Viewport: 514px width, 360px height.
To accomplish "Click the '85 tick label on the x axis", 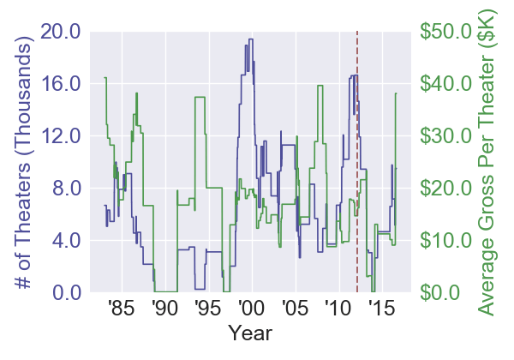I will [x=122, y=308].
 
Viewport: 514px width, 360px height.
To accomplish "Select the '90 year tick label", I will [x=164, y=308].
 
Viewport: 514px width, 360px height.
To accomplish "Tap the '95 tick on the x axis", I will [x=206, y=308].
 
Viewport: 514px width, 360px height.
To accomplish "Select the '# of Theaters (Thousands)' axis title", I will [x=26, y=162].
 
